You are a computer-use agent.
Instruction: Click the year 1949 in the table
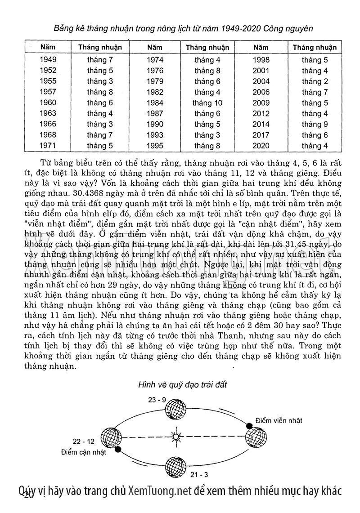coord(48,59)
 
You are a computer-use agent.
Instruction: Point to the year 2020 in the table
coord(261,146)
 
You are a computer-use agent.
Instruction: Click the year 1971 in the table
coord(48,146)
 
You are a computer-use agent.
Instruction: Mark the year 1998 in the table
coord(261,59)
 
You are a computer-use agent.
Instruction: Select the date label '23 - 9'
coord(157,400)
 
